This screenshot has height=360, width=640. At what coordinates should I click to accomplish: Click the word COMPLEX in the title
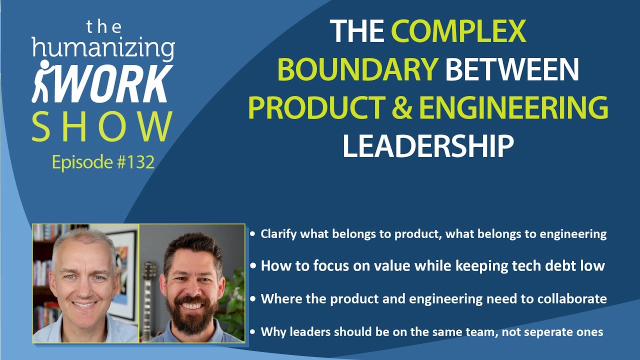tap(458, 31)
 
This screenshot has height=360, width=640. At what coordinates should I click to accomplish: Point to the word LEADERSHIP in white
tap(428, 145)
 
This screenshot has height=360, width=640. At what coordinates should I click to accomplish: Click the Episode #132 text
tap(103, 162)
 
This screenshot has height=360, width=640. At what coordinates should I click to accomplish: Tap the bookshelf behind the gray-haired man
tap(42, 280)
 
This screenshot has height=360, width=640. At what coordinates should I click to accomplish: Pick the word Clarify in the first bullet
tap(278, 234)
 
